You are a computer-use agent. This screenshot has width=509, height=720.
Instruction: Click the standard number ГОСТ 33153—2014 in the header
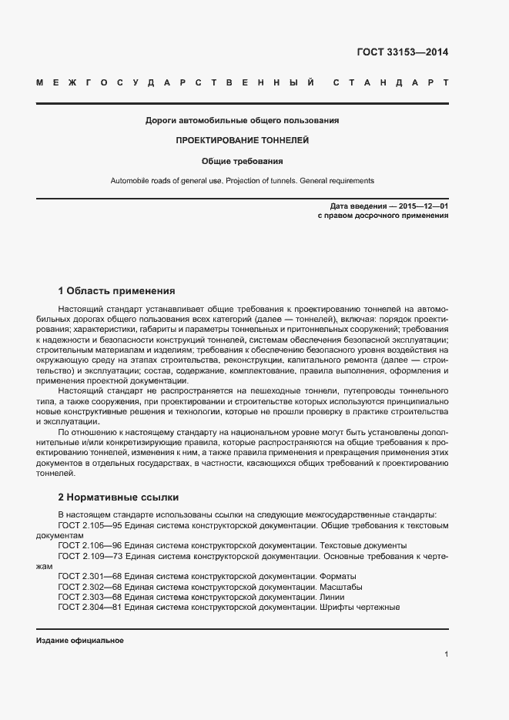(402, 53)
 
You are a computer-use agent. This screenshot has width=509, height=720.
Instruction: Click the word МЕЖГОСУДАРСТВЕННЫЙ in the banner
(175, 82)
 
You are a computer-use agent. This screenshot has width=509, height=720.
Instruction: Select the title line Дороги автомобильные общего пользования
(242, 121)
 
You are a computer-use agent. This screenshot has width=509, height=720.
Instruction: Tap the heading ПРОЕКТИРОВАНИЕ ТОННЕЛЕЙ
(242, 142)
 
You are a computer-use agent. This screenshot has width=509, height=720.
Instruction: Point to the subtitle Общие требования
(242, 162)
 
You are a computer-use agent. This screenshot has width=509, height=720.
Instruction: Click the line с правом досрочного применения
(383, 216)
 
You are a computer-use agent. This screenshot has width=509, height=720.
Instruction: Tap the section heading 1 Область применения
(117, 291)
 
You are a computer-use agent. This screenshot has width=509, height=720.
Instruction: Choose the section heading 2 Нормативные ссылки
(118, 497)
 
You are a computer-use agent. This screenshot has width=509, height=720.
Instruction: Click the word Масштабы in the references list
(341, 586)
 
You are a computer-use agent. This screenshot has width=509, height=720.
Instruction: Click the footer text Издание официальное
(79, 641)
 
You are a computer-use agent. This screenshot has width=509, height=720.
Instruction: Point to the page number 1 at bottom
(447, 655)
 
